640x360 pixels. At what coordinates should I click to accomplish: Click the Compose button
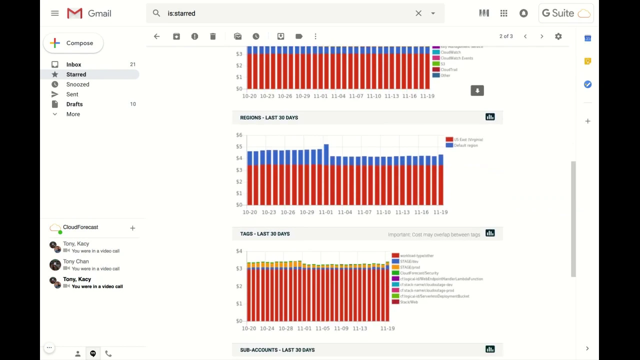pos(73,43)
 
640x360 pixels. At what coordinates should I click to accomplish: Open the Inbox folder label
pos(73,64)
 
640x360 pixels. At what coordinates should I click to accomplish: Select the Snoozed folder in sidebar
pos(77,84)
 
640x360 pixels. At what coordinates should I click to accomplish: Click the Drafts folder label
pos(74,104)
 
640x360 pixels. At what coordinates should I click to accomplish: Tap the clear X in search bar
pos(418,13)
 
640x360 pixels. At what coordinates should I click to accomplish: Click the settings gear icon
pos(558,36)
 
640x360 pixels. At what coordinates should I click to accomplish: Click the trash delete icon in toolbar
pos(213,36)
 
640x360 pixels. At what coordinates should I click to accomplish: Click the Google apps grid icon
pos(503,13)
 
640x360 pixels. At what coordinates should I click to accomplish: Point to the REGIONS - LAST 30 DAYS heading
pos(269,117)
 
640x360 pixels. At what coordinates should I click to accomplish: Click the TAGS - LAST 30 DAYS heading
pos(265,234)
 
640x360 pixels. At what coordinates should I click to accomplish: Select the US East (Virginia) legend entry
pos(468,139)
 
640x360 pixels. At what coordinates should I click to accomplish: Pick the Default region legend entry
pos(465,145)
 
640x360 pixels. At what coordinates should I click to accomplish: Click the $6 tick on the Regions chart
pos(239,135)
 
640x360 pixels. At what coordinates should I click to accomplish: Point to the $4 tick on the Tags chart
pos(239,251)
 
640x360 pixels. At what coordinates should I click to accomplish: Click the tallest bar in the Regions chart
pos(326,175)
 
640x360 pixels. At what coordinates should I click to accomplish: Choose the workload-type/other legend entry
pos(416,255)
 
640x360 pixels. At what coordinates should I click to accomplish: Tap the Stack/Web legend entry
pos(408,302)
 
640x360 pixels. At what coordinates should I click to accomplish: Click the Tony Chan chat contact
pos(75,261)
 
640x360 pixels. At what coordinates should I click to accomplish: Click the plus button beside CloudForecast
pos(132,228)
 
